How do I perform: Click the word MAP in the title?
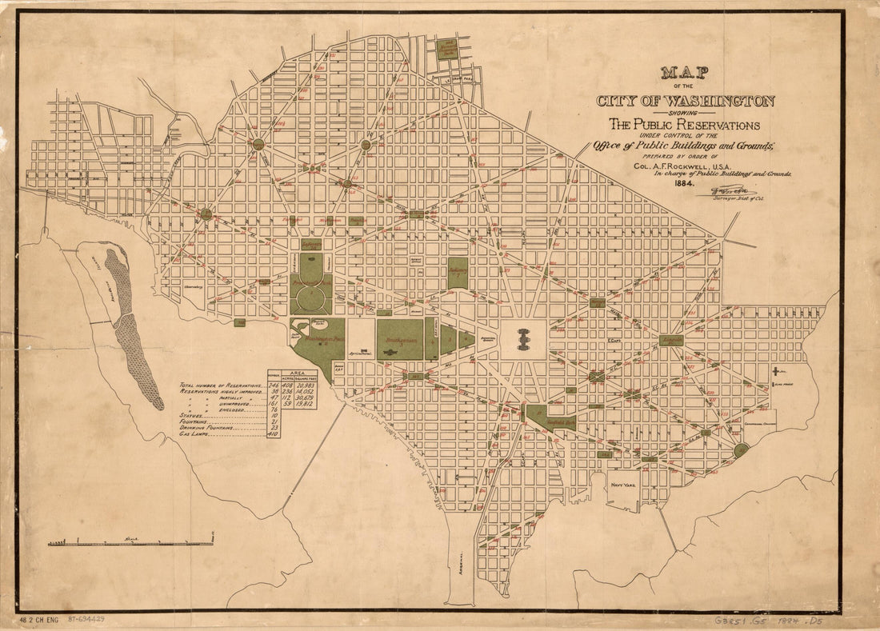[685, 74]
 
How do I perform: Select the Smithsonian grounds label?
[400, 340]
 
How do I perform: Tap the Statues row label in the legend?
[194, 416]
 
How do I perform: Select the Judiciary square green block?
[458, 273]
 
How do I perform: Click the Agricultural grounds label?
[362, 353]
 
